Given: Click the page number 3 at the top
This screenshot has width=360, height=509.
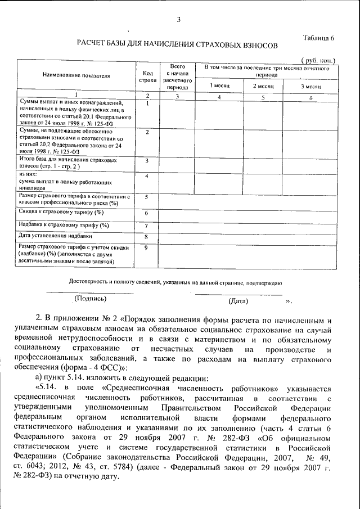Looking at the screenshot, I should pyautogui.click(x=178, y=21).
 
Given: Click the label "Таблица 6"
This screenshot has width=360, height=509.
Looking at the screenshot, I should pyautogui.click(x=318, y=38).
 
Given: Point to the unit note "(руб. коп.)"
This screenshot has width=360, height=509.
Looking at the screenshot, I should pyautogui.click(x=318, y=60).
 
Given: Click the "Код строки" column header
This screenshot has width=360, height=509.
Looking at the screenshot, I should pyautogui.click(x=148, y=76).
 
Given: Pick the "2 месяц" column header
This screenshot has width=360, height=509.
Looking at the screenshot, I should pyautogui.click(x=263, y=86).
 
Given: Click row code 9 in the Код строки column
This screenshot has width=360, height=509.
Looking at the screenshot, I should pyautogui.click(x=146, y=247).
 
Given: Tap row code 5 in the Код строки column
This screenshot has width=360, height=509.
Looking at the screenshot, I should pyautogui.click(x=146, y=197).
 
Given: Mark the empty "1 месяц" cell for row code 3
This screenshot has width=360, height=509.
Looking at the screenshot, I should pyautogui.click(x=219, y=164).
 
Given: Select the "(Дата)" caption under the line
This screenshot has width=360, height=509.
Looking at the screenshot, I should pyautogui.click(x=238, y=301).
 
